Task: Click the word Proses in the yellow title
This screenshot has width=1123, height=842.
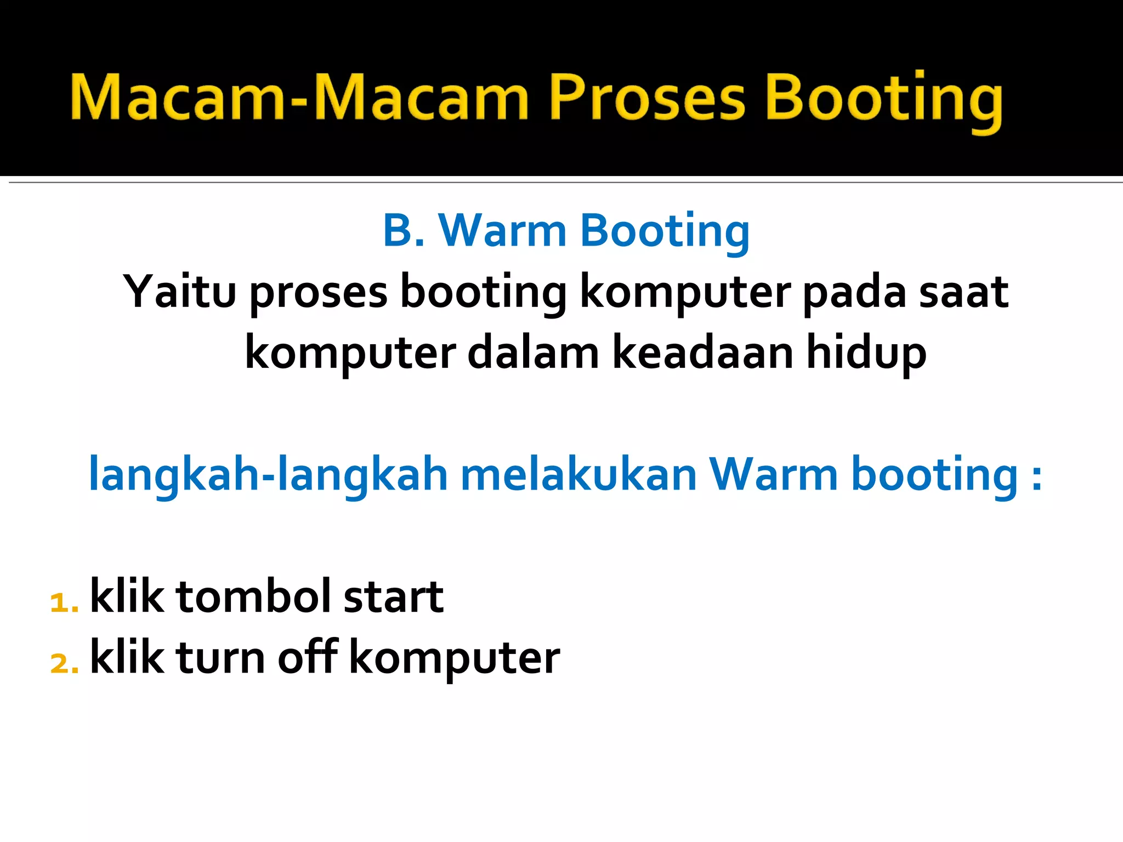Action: click(647, 98)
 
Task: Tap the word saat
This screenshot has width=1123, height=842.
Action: click(963, 292)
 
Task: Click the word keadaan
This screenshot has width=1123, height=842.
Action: click(702, 353)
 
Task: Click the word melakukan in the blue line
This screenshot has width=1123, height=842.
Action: click(578, 474)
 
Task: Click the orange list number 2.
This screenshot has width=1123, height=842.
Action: click(63, 663)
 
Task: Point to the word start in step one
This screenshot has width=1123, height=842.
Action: click(393, 597)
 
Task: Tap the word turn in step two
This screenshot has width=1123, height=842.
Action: click(221, 657)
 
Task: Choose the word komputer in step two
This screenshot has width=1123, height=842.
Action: click(454, 658)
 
